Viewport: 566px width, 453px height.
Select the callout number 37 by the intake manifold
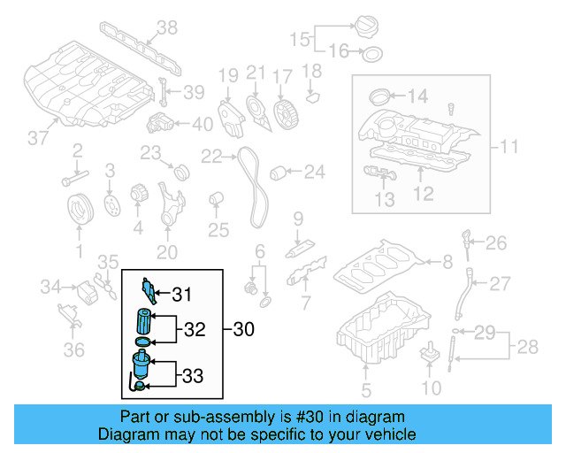point(37,138)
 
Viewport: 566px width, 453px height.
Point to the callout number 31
point(181,295)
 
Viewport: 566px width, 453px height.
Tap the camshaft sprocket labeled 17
point(285,114)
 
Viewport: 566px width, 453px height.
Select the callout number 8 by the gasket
point(447,261)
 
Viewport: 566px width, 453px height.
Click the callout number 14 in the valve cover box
point(416,96)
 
